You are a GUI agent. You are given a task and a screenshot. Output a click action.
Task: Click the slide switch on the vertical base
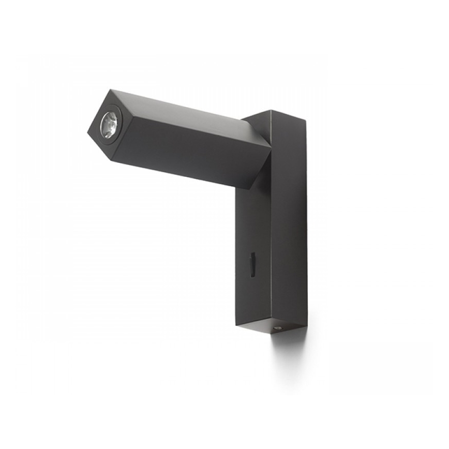(x=252, y=264)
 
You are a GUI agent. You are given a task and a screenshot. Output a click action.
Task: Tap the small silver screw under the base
(x=278, y=328)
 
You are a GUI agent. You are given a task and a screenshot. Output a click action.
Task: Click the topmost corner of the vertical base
(x=271, y=110)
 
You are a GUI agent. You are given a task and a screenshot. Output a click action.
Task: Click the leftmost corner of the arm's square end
(x=88, y=131)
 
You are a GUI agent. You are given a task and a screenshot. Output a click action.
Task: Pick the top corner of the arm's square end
(x=110, y=90)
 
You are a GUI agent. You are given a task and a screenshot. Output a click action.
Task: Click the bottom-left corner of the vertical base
(x=235, y=324)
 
